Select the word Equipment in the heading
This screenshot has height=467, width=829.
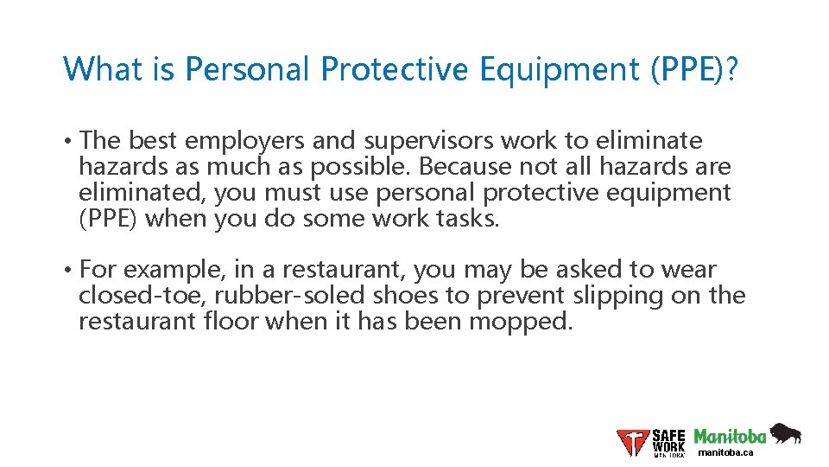554,68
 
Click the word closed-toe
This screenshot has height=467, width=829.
142,296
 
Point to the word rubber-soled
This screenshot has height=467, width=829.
291,296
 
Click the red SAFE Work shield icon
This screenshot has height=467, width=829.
633,442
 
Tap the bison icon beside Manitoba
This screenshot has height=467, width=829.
785,432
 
